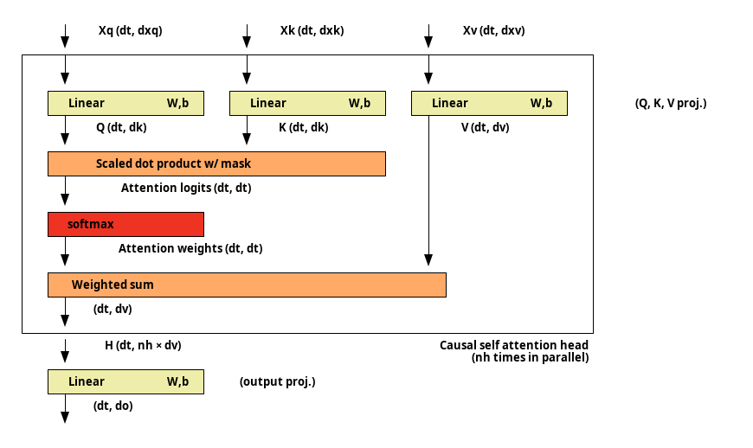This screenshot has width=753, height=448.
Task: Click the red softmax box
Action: tap(125, 225)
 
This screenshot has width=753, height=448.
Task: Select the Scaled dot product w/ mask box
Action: tap(216, 164)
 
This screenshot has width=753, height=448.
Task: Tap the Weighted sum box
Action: tap(247, 285)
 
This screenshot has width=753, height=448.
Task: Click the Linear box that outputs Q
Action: tap(125, 103)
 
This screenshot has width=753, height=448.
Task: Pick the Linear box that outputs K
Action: tap(307, 103)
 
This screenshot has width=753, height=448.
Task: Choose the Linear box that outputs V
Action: tap(489, 103)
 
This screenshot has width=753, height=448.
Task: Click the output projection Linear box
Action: tap(125, 381)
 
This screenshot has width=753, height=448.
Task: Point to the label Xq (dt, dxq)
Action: tap(131, 30)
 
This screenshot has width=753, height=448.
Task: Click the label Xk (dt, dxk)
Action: tap(312, 30)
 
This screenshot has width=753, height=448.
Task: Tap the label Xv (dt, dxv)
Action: tap(493, 30)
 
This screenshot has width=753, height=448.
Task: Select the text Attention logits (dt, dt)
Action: tap(186, 188)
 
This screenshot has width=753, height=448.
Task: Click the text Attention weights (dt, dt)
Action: tap(190, 248)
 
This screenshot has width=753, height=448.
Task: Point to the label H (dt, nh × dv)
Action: tap(143, 345)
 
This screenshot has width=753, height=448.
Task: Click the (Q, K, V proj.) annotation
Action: tap(671, 103)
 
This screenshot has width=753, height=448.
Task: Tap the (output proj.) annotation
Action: tap(278, 381)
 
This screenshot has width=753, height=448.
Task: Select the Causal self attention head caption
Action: tap(514, 351)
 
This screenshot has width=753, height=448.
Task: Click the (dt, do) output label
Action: tap(113, 406)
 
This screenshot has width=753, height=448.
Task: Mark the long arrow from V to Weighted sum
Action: tap(428, 190)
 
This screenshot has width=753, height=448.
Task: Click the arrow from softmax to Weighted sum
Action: tap(65, 252)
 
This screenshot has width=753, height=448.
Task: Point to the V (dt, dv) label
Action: tap(485, 128)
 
